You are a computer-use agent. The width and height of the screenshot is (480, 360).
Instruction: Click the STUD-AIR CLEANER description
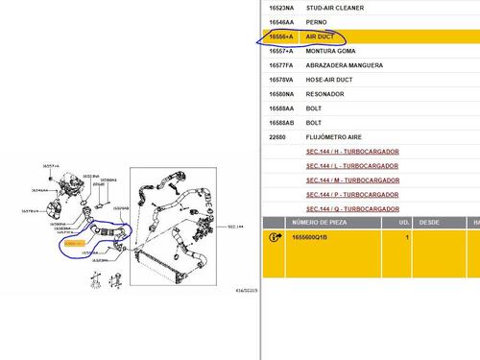tap(333, 6)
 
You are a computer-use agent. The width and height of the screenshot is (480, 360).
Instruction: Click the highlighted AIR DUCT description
tap(321, 36)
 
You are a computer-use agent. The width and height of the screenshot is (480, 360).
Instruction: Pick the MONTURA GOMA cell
tap(330, 50)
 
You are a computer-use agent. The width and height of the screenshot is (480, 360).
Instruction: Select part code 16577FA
tap(281, 64)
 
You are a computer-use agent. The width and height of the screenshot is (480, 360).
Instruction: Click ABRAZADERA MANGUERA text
tap(345, 64)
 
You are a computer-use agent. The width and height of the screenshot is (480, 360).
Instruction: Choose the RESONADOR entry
tap(324, 94)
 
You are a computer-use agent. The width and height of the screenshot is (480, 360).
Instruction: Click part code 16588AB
tap(280, 123)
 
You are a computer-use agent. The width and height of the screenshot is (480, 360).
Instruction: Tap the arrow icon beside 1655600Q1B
tap(275, 236)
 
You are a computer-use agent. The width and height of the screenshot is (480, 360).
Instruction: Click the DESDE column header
tap(429, 222)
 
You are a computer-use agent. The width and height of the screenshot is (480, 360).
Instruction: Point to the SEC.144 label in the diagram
tap(236, 227)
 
